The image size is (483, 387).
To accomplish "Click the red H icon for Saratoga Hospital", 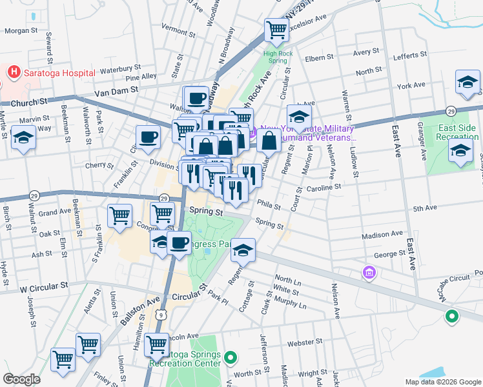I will pos(12,72).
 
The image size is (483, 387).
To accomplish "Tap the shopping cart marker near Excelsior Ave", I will pos(276,30).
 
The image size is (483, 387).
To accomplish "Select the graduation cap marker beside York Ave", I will pos(467,83).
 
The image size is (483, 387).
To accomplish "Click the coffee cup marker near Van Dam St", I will pos(197,99).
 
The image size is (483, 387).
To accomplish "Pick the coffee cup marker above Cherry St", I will pos(148,137).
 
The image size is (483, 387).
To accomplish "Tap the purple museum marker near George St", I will pos(369,273).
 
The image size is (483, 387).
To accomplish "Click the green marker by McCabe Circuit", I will pos(451,316).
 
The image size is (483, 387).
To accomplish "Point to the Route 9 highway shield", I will pos(161,314).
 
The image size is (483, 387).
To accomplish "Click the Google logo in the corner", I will pos(21,379).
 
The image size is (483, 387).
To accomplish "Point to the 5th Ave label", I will pos(426,208).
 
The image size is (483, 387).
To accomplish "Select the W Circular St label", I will pos(43,284).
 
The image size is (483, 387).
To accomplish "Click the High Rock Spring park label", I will pos(274,56).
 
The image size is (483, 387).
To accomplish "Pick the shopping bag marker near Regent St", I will pos(269,139).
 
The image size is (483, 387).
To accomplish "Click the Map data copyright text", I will pos(442,382).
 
